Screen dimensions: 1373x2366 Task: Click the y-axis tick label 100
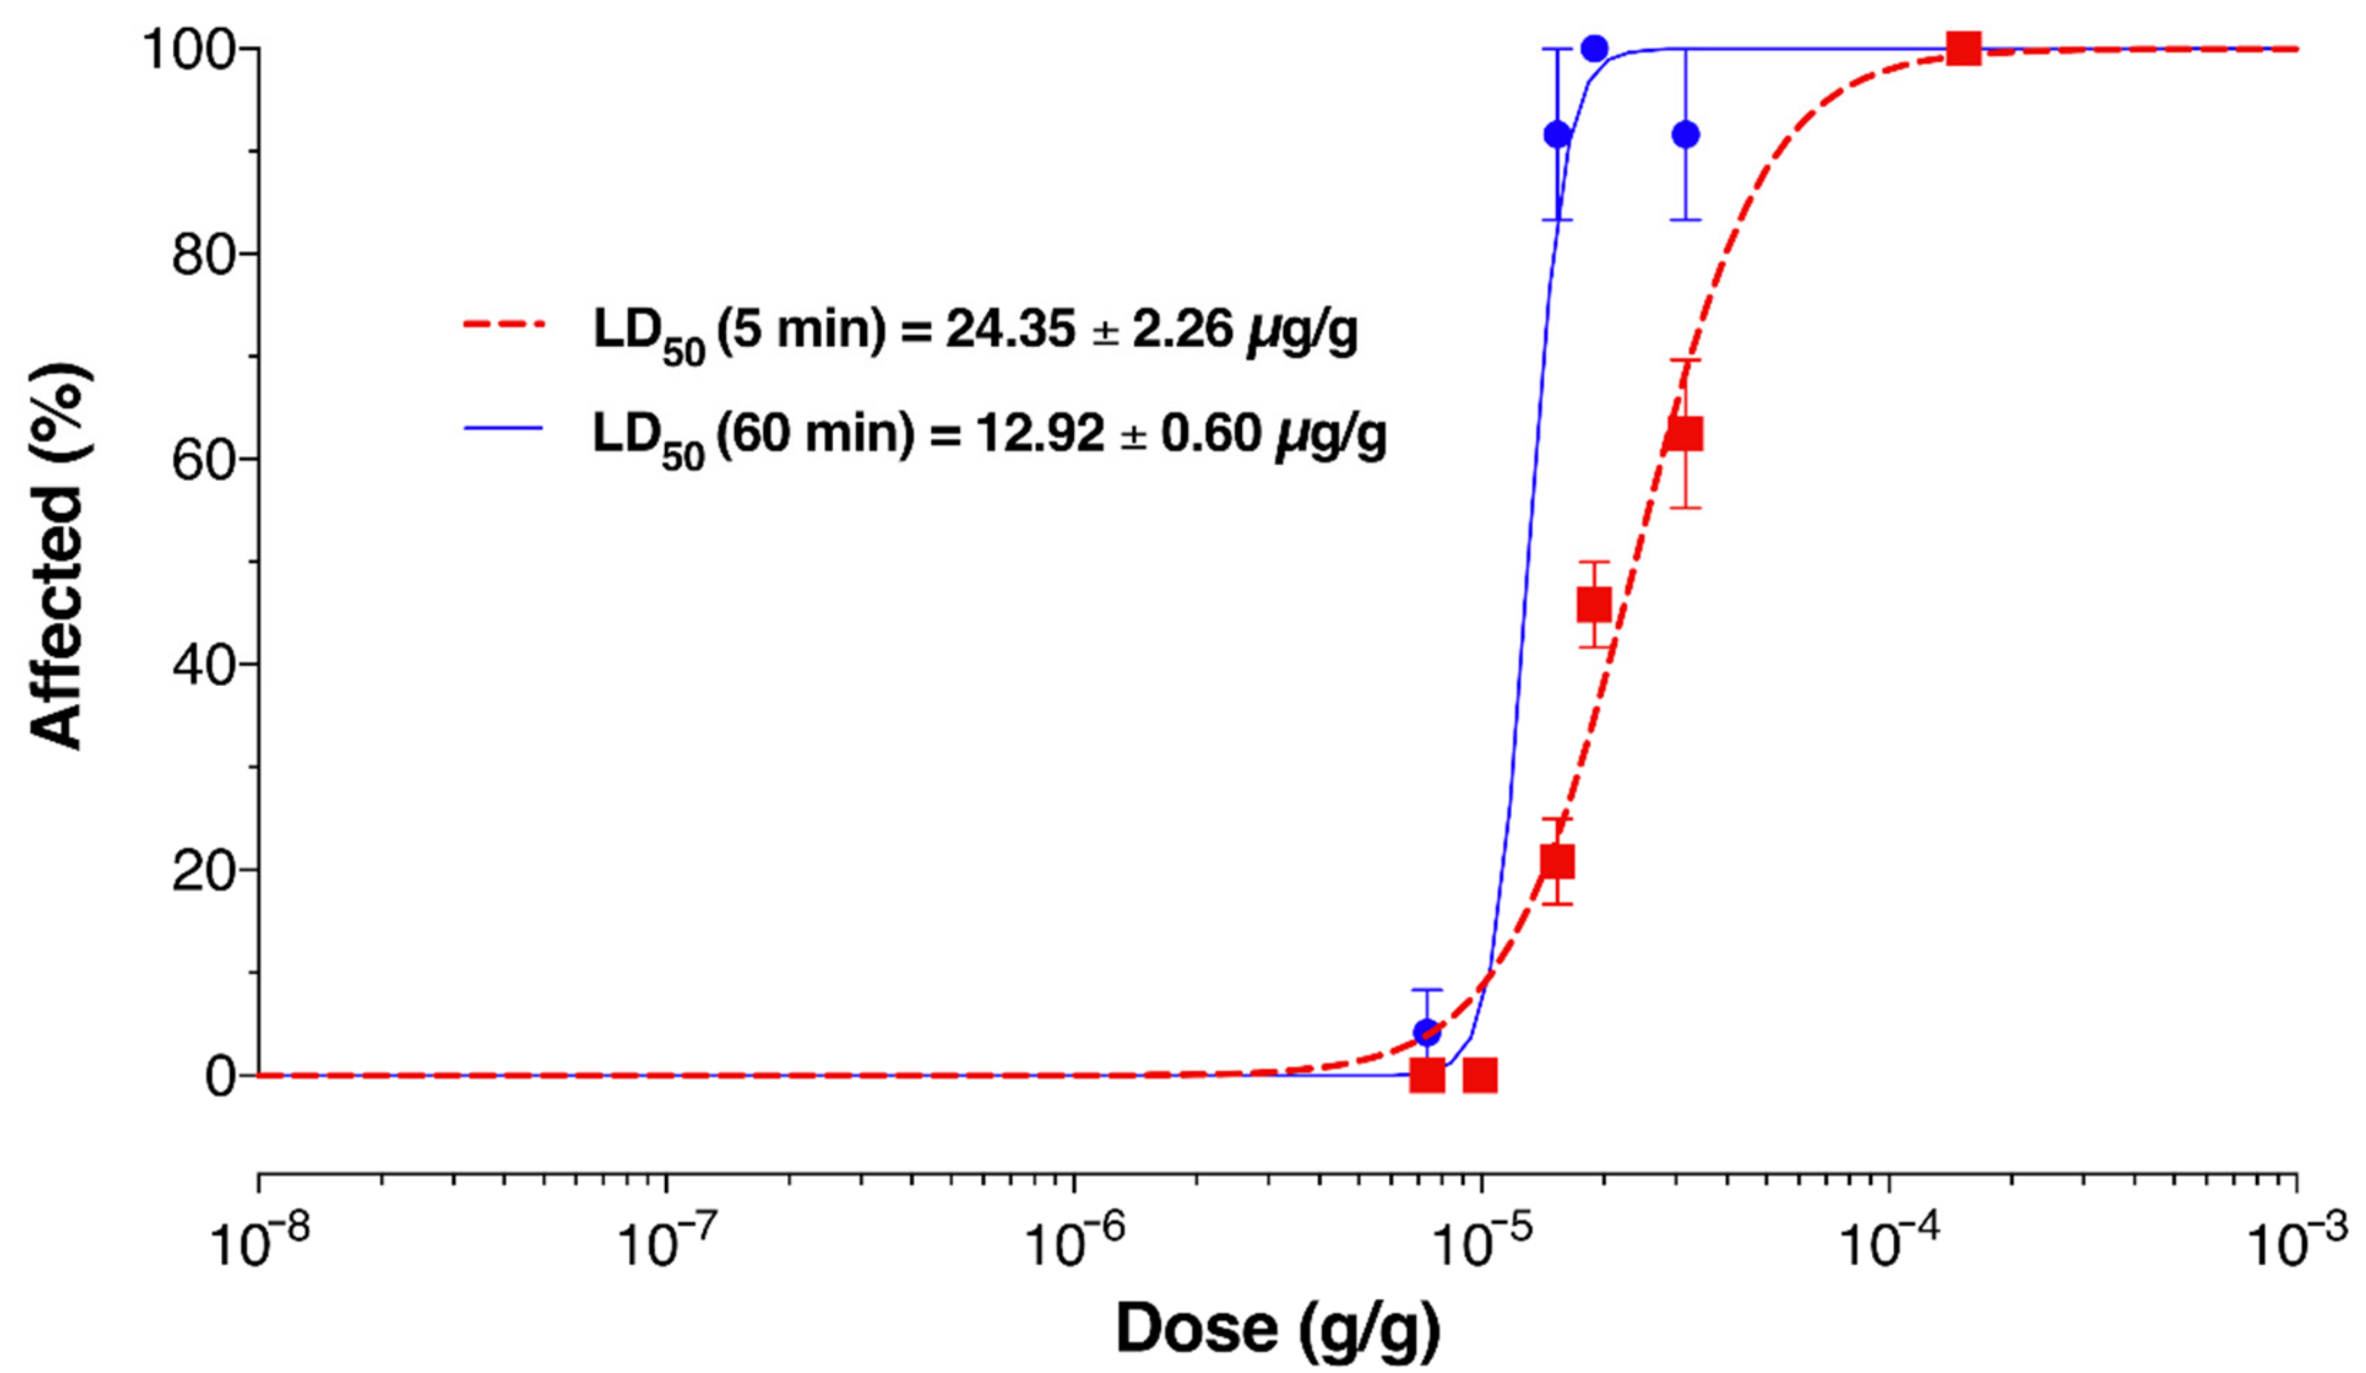(188, 51)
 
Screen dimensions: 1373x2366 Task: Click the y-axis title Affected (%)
(58, 558)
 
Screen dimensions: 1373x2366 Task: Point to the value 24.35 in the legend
(1009, 330)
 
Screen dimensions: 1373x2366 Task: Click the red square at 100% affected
(1963, 48)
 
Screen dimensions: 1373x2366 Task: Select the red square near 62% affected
(1686, 434)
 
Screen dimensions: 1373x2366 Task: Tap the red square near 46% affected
(1594, 605)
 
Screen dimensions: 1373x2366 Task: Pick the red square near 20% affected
(1558, 862)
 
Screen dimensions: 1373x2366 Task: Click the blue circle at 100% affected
(1594, 48)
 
